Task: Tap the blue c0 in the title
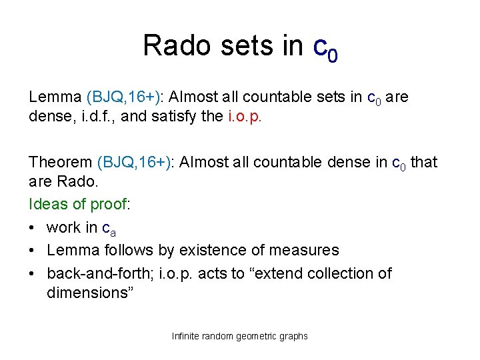325,48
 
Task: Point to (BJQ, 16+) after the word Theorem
136,162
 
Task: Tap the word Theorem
61,162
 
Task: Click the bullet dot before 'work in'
33,228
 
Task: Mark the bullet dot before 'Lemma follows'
33,251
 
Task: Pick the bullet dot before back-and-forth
33,273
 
